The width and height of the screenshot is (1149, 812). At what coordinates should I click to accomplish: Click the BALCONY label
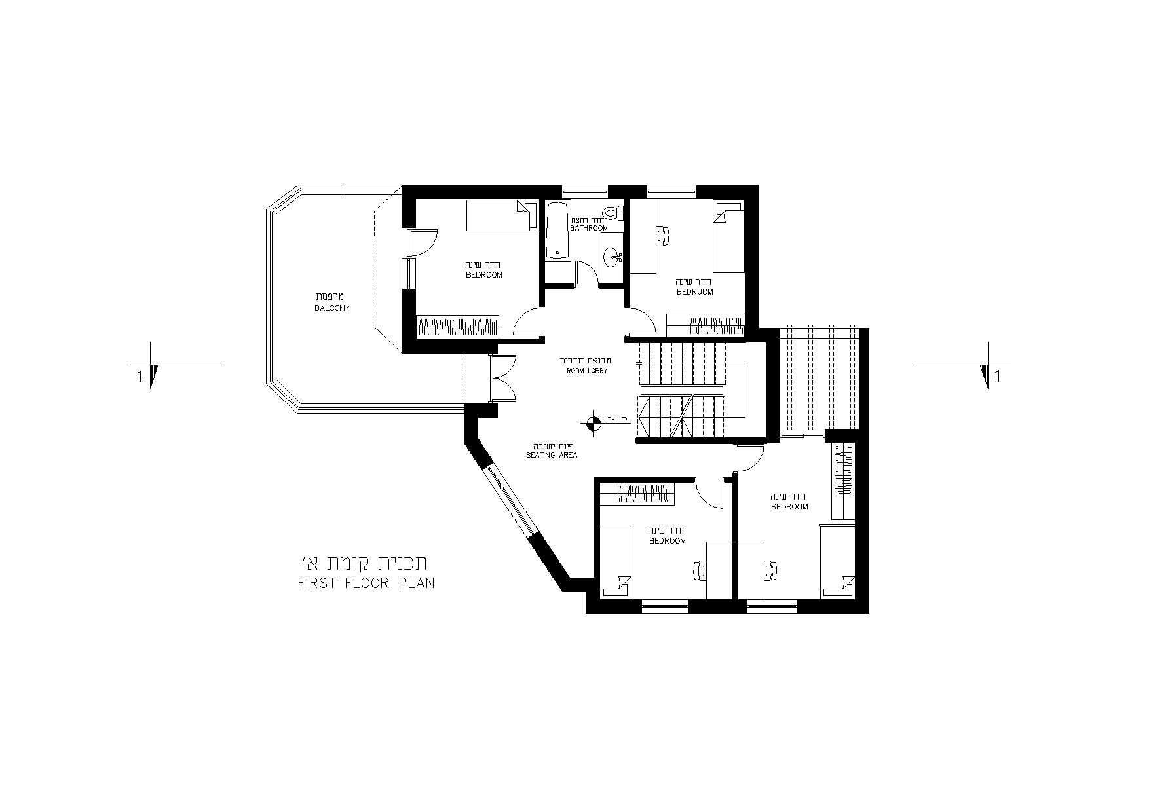coord(332,308)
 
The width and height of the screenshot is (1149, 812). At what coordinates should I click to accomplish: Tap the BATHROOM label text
coord(589,228)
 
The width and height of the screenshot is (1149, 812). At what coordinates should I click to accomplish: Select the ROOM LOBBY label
coord(587,371)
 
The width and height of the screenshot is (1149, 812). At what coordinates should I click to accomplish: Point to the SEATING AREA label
coord(552,455)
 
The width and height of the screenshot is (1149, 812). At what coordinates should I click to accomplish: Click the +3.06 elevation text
coord(614,417)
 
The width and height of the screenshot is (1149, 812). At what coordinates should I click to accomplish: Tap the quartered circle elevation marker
coord(593,424)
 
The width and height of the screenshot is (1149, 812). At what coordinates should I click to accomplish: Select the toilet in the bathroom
coord(613,212)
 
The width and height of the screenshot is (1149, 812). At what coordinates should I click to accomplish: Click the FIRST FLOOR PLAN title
coord(366,583)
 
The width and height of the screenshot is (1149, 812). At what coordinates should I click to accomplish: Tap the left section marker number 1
coord(140,377)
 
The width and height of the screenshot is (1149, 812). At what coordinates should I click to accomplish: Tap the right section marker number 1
coord(998,377)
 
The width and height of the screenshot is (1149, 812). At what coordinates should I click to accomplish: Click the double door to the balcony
coord(503,378)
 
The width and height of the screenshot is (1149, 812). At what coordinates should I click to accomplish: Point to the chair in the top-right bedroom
coord(663,235)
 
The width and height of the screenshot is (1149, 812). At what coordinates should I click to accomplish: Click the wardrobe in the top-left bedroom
coord(458,326)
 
